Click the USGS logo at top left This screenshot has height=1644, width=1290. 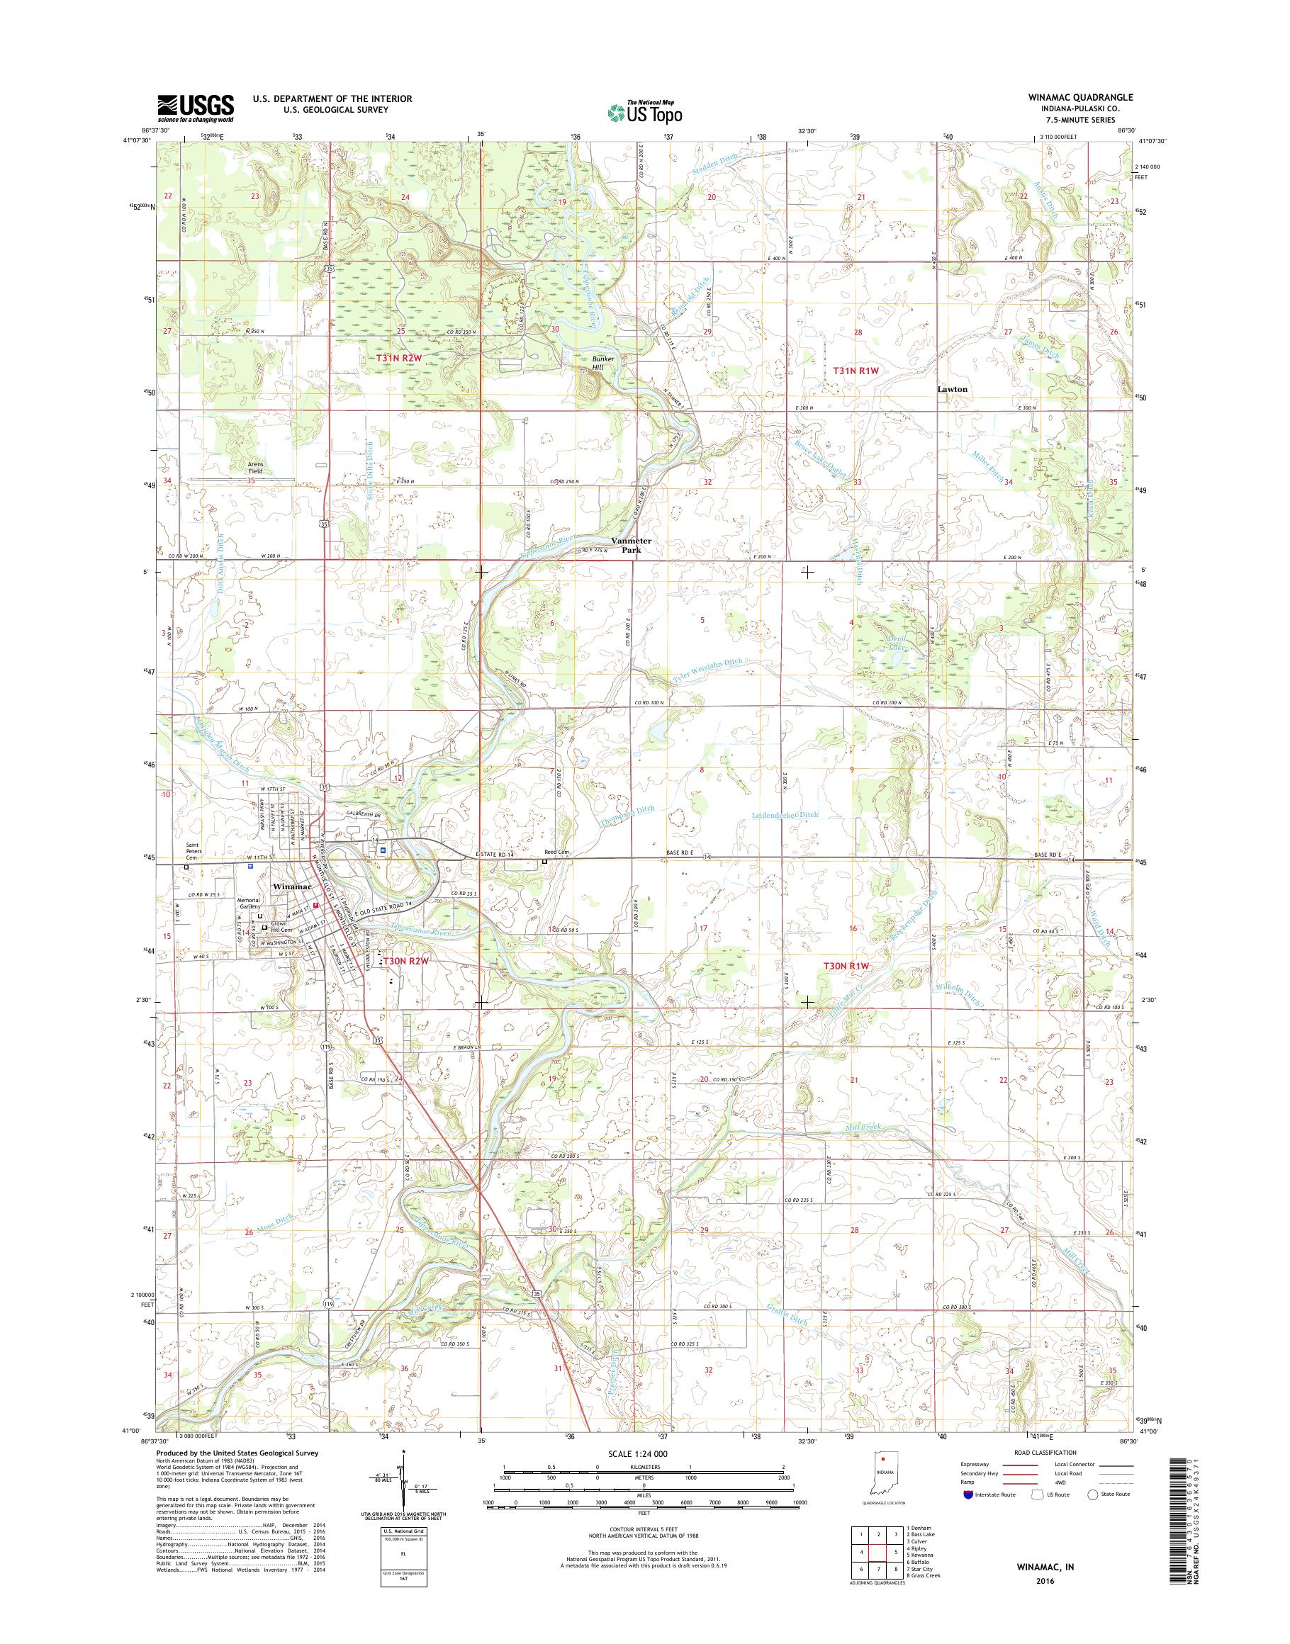pyautogui.click(x=196, y=108)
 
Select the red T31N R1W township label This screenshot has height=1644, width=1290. pyautogui.click(x=856, y=371)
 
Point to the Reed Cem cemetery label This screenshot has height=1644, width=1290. pyautogui.click(x=555, y=852)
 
